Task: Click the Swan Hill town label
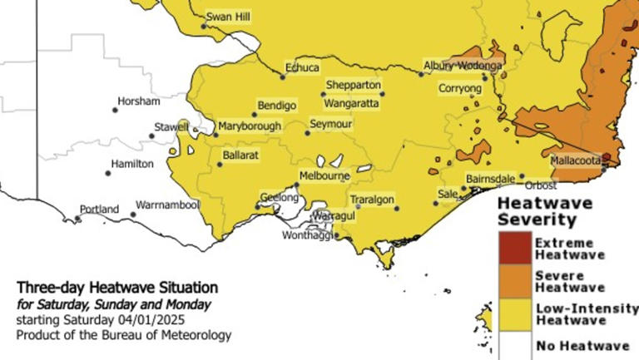pos(228,17)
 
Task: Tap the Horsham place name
pos(139,101)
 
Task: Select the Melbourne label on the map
pos(325,176)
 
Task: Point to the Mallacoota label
pos(576,160)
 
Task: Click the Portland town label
pos(100,210)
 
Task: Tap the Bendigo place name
pos(277,106)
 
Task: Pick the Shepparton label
pos(354,85)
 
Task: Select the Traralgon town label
pos(373,200)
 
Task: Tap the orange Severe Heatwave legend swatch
pos(514,281)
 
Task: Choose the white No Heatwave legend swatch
pos(514,344)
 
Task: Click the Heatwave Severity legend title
pos(545,211)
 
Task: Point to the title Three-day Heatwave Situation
pos(117,288)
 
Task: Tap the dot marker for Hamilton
pos(108,173)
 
